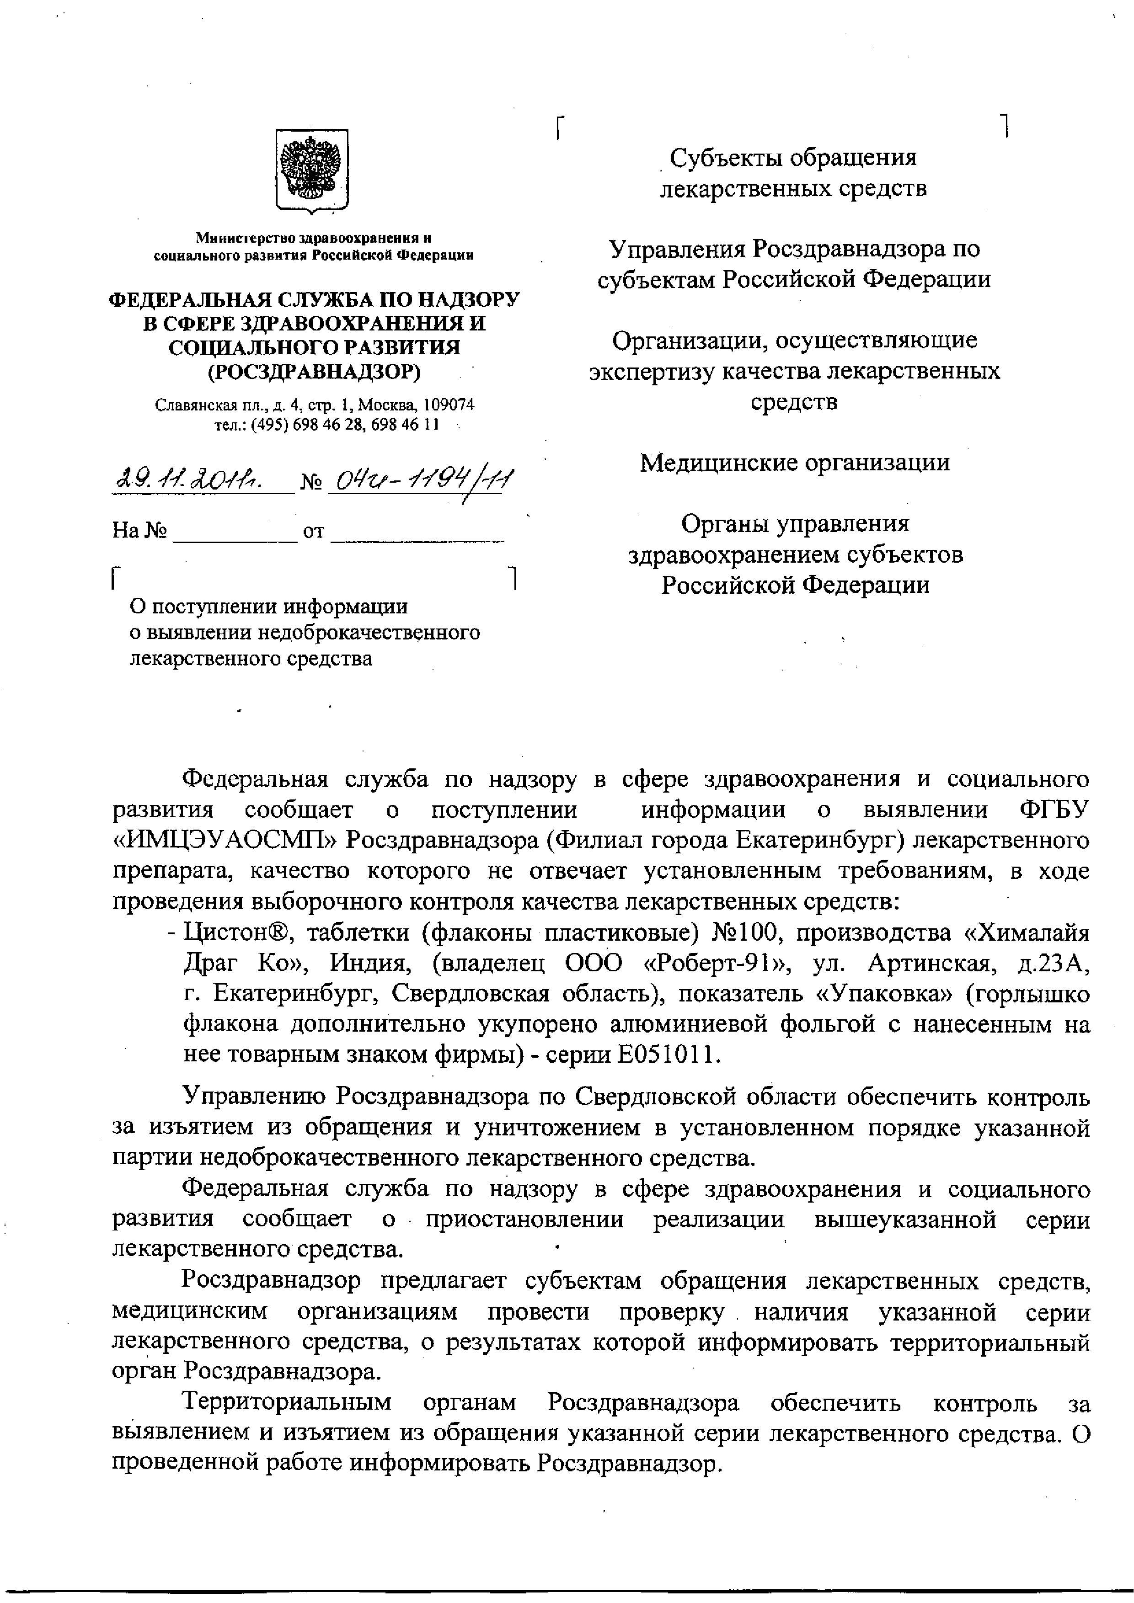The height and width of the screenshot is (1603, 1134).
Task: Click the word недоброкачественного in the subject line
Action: click(369, 633)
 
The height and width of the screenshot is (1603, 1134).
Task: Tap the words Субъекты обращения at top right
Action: click(792, 158)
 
